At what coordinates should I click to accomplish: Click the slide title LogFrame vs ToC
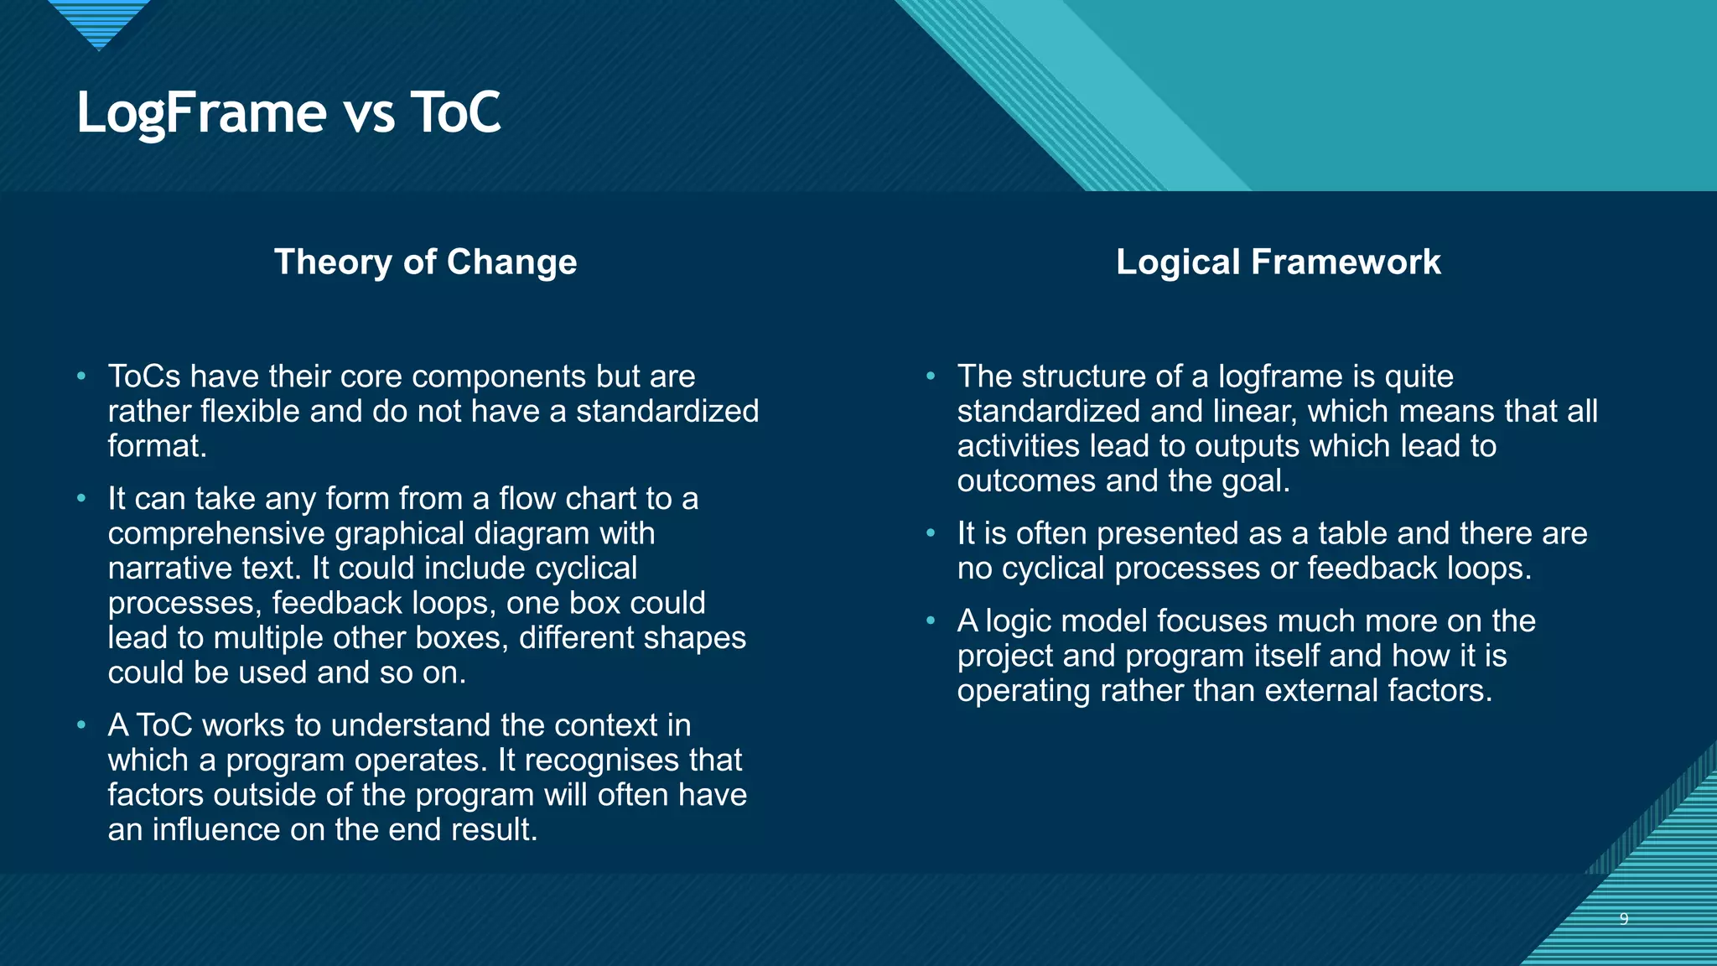click(x=288, y=112)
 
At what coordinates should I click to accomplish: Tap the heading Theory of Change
click(x=425, y=262)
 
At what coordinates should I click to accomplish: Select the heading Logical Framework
click(x=1278, y=262)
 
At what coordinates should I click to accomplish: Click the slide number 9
click(x=1623, y=919)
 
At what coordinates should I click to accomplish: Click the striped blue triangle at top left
click(x=99, y=21)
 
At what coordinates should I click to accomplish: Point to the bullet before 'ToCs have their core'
click(x=81, y=377)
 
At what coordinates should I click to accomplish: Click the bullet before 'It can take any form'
click(x=81, y=499)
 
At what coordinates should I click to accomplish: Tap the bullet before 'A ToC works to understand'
click(x=81, y=725)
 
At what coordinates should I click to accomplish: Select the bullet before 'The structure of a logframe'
click(x=931, y=377)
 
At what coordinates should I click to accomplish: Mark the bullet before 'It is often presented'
click(x=931, y=533)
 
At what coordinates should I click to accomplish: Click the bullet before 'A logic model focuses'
click(x=931, y=621)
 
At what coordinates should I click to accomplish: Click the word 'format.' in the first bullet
click(x=157, y=446)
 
